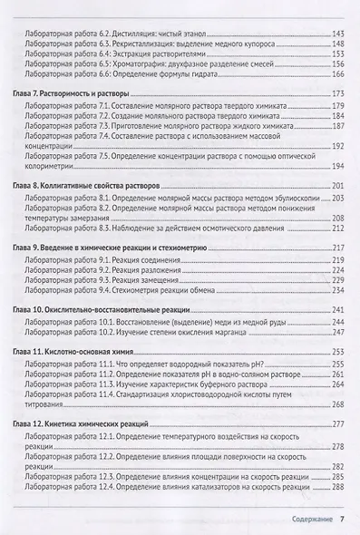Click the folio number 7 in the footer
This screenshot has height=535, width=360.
tap(341, 520)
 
